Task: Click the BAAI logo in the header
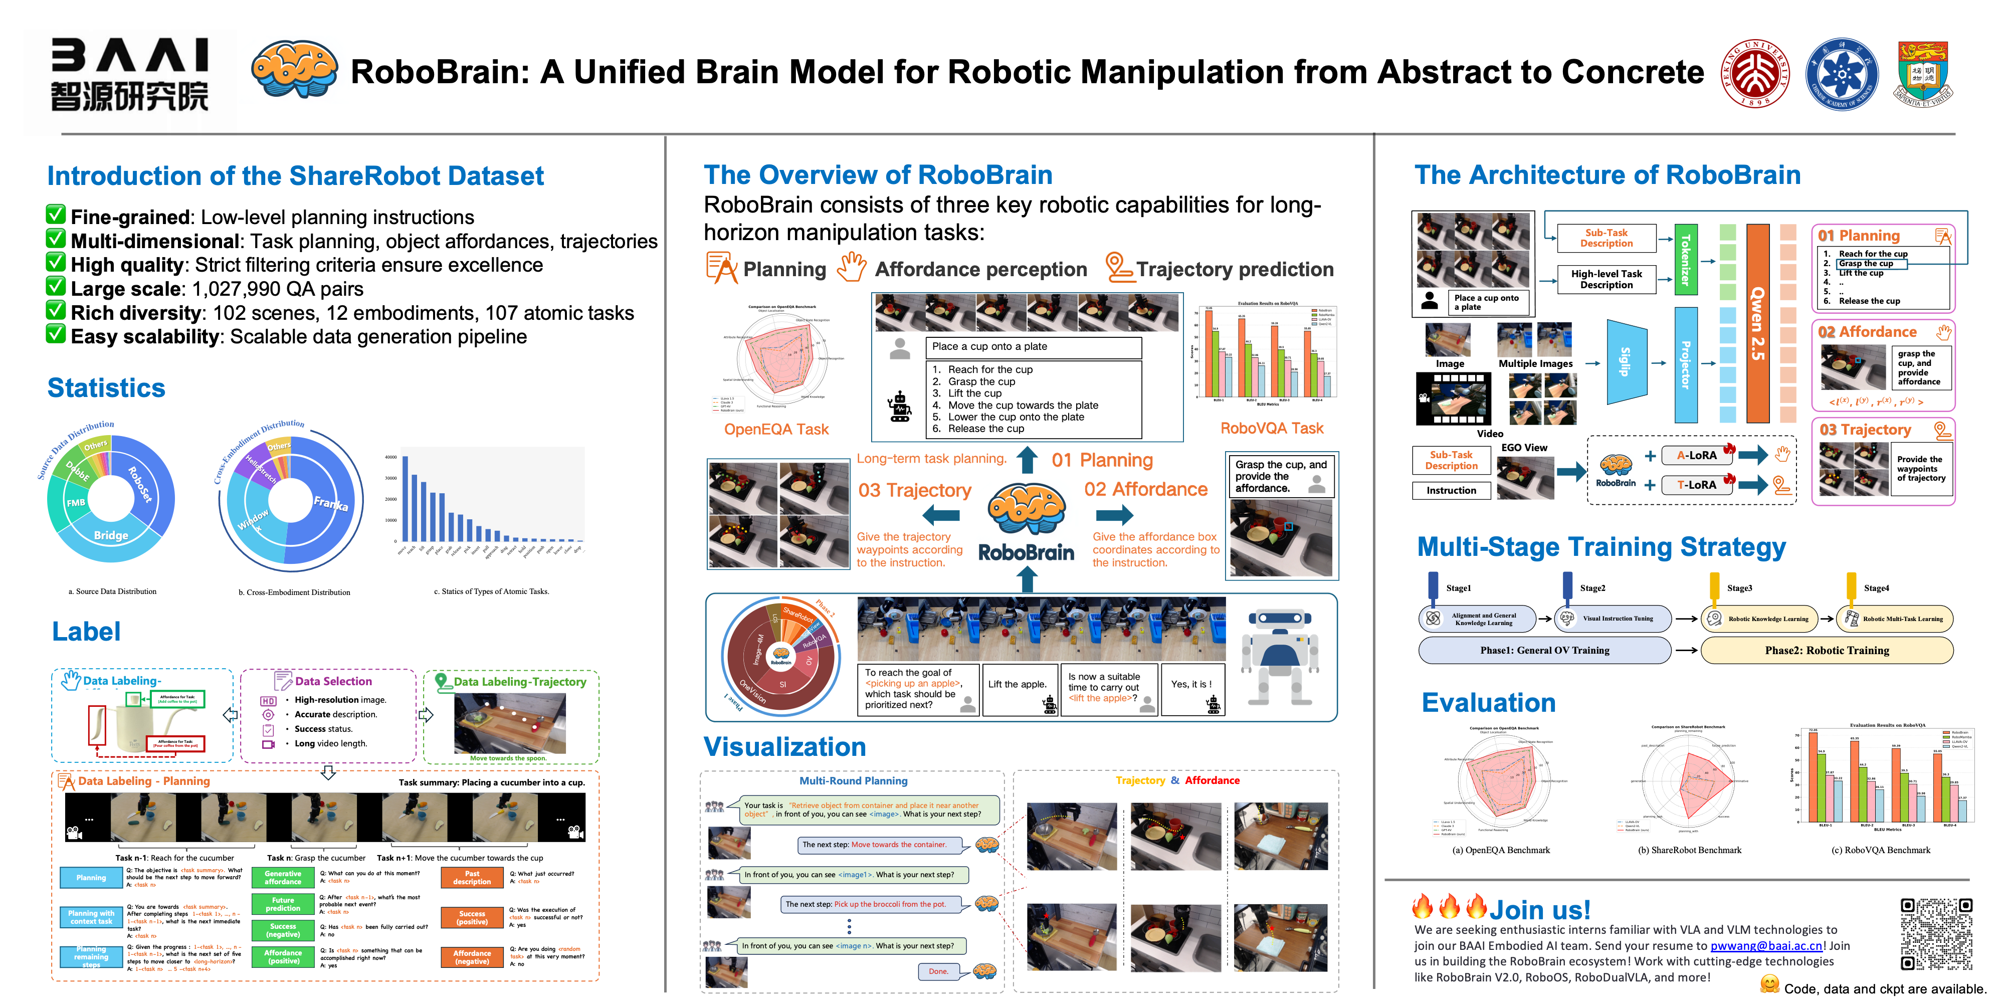129,76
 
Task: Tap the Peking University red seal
1755,74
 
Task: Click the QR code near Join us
1936,933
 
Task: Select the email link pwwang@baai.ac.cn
1766,945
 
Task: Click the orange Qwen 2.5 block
1757,323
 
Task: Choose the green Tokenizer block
1685,260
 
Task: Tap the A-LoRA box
1697,455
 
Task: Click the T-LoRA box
1697,485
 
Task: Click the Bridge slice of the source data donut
111,535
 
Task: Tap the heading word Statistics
107,387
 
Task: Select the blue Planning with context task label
91,917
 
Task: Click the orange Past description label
472,877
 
